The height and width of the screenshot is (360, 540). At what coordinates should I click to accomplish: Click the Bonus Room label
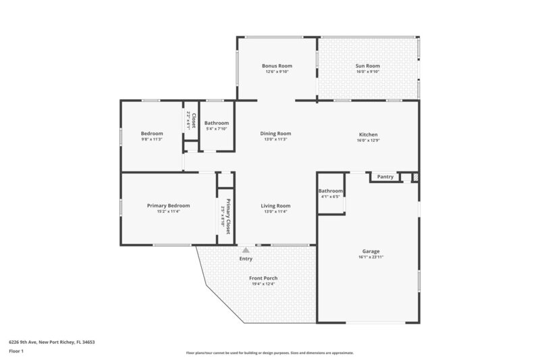277,66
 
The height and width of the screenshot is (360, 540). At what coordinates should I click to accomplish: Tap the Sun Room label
368,66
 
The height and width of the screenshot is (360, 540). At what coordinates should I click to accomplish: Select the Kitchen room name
368,134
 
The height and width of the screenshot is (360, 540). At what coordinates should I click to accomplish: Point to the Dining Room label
275,134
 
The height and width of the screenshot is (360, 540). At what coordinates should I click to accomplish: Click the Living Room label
275,205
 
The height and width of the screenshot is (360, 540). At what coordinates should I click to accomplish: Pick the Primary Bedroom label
168,205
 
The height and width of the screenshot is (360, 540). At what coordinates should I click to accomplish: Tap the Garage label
368,251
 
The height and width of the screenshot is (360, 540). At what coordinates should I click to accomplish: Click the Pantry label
385,177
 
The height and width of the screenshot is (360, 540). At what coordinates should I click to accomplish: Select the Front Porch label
263,278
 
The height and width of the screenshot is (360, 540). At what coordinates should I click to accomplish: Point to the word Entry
246,259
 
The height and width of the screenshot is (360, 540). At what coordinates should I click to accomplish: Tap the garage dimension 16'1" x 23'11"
368,257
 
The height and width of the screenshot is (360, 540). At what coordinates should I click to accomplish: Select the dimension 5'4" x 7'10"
217,129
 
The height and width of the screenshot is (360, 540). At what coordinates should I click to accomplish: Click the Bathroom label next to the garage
331,191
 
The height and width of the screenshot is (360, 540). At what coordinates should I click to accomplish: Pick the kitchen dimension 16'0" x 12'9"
368,140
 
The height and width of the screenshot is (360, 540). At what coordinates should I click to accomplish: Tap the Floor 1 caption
16,351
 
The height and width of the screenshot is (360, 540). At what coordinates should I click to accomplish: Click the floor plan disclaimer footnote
269,353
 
